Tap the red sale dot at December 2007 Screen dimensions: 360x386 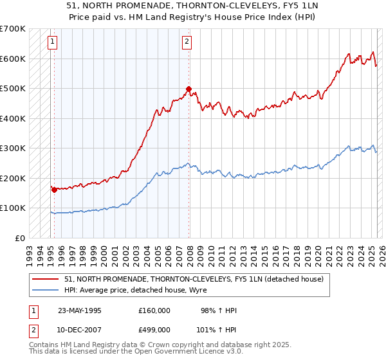click(188, 89)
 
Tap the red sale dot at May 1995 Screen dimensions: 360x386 click(54, 190)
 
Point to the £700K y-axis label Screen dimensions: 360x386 click(13, 29)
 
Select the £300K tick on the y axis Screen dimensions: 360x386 click(13, 148)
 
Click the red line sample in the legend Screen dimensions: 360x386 click(46, 278)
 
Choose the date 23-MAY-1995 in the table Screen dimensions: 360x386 click(80, 310)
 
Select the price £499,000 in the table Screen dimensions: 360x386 click(154, 330)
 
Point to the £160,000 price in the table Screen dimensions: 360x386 click(154, 310)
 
